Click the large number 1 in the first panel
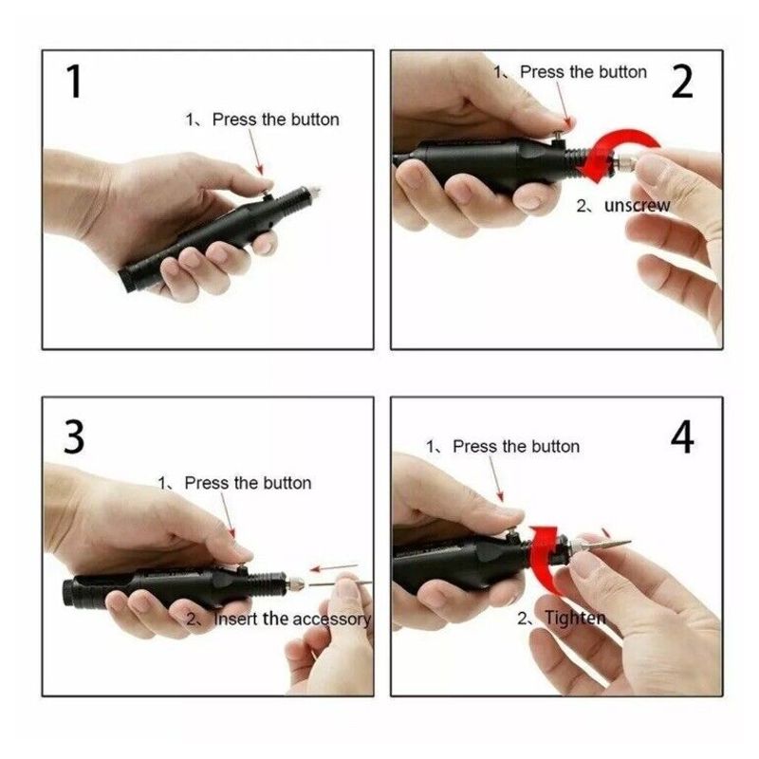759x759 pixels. [75, 82]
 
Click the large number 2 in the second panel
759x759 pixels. [682, 82]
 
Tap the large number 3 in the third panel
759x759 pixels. [74, 437]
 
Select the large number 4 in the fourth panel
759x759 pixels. [682, 437]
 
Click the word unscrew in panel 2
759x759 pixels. [637, 206]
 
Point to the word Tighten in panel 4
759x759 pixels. [575, 619]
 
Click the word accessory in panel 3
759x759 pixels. [331, 620]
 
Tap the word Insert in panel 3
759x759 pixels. [236, 619]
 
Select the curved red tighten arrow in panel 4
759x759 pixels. [545, 557]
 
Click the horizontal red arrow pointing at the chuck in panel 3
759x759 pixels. [334, 566]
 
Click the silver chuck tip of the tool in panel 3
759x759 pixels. [294, 583]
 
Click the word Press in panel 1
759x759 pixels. [234, 120]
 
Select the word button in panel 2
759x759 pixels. [622, 72]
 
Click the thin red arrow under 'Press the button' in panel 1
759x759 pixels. [255, 152]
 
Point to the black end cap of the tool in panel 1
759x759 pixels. [127, 280]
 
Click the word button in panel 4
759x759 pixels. [556, 446]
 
